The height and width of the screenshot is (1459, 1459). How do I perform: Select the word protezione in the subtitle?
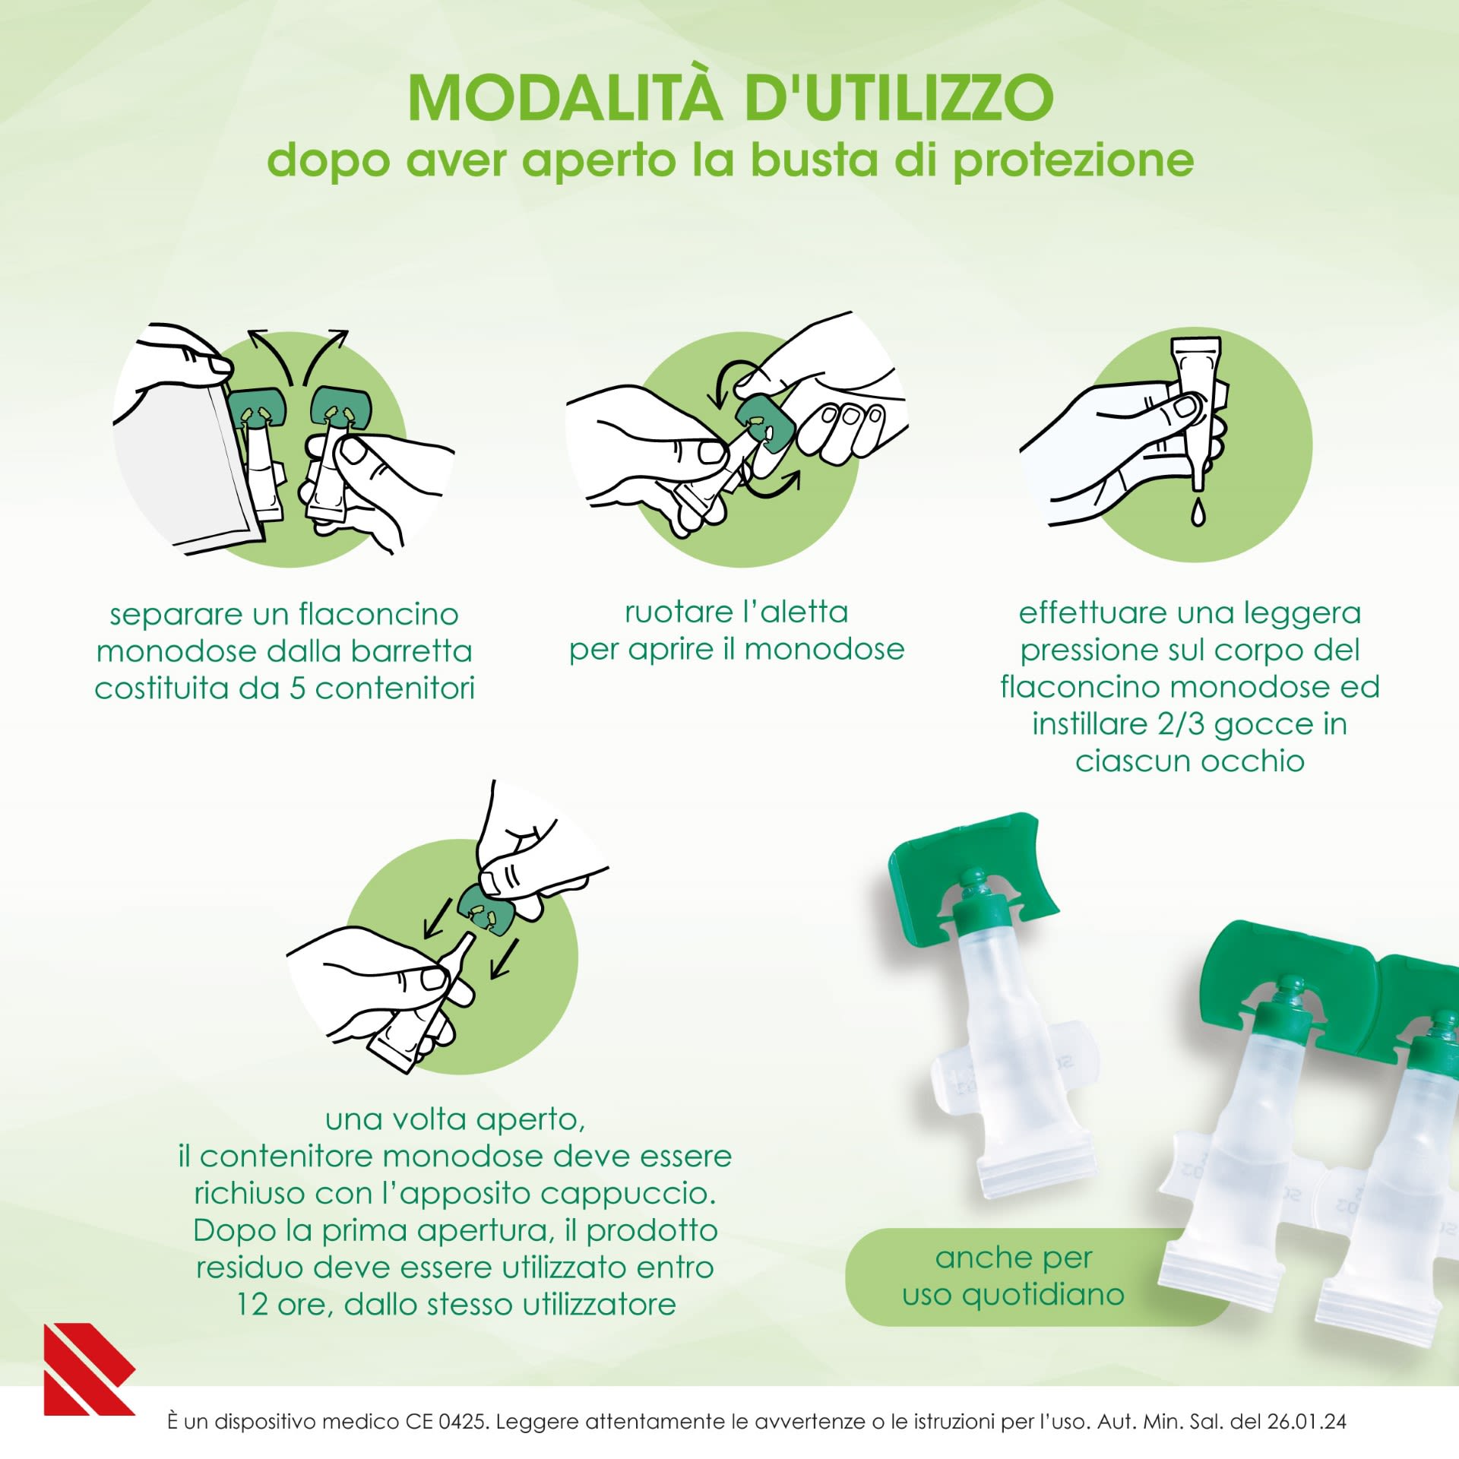tap(1073, 161)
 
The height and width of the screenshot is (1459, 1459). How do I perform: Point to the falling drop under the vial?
tap(1198, 512)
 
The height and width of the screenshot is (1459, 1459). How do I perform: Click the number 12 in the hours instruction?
tap(252, 1305)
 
